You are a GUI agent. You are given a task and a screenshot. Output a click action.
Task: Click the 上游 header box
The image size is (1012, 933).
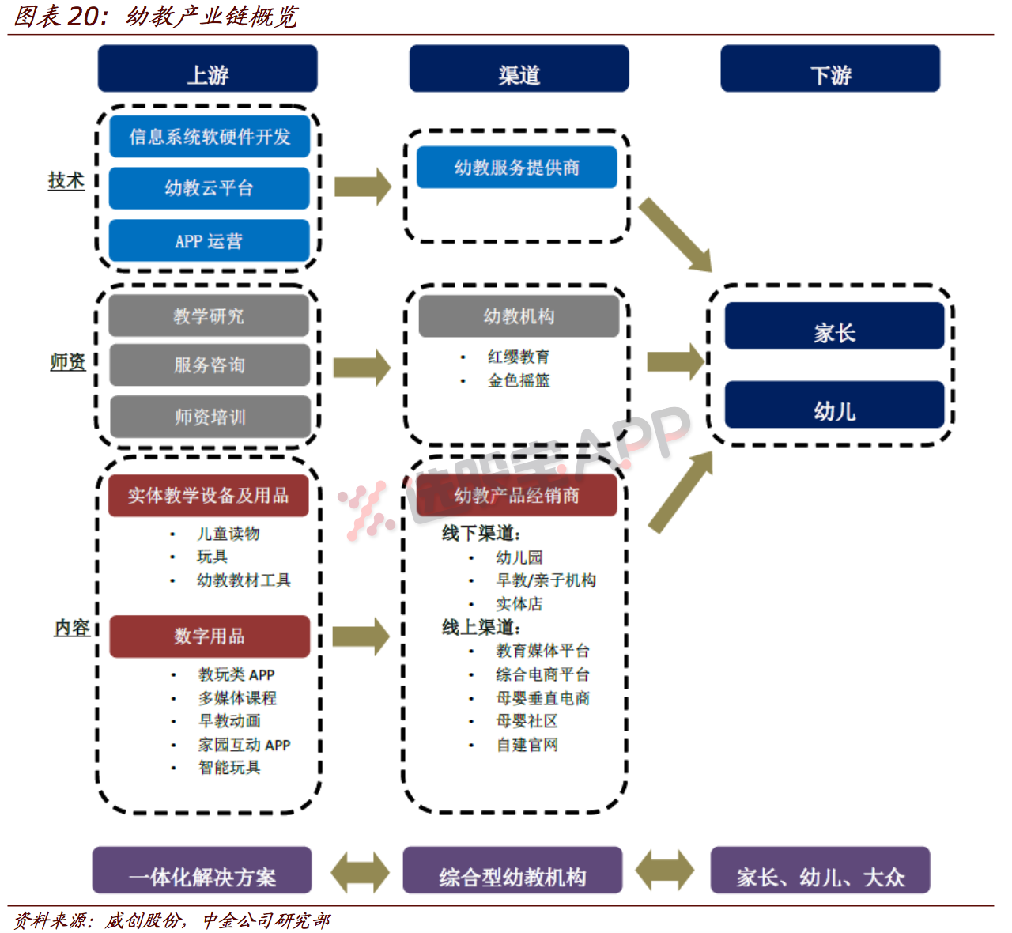click(x=207, y=68)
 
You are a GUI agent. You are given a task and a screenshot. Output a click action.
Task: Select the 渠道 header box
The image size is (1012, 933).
click(x=519, y=68)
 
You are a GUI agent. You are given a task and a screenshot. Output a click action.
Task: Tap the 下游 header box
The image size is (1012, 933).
click(x=830, y=68)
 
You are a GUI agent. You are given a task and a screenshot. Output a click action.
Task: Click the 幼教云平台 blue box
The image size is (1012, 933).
click(x=209, y=188)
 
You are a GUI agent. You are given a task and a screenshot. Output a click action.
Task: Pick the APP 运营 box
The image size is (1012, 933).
click(x=209, y=240)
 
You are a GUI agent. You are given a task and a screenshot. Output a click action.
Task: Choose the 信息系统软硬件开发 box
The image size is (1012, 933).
click(x=210, y=136)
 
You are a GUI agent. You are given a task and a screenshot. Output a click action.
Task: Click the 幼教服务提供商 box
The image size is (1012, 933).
click(x=517, y=167)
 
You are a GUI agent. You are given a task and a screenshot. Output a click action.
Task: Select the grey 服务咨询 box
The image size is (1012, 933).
click(x=210, y=365)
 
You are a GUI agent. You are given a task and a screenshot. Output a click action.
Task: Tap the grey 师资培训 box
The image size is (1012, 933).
click(x=210, y=417)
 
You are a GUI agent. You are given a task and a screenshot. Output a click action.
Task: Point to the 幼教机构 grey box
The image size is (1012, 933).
click(x=519, y=316)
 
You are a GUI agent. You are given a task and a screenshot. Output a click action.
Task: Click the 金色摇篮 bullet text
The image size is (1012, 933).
click(x=519, y=380)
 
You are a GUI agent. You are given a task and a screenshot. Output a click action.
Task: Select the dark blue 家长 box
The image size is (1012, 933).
click(x=834, y=326)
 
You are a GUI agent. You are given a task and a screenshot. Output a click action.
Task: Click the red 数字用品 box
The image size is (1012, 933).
click(x=210, y=636)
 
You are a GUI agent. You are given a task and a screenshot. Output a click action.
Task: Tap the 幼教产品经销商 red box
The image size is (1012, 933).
click(x=517, y=495)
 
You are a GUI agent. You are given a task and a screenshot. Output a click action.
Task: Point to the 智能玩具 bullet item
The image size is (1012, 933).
click(x=229, y=767)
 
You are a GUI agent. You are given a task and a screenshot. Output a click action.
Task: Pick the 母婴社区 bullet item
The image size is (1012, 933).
click(x=527, y=721)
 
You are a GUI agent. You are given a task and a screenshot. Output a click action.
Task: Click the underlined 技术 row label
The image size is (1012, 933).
click(x=66, y=180)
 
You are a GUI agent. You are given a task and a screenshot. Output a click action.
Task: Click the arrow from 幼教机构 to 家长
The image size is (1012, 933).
click(x=676, y=362)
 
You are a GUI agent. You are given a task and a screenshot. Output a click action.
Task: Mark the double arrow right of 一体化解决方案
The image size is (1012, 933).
click(x=360, y=872)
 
